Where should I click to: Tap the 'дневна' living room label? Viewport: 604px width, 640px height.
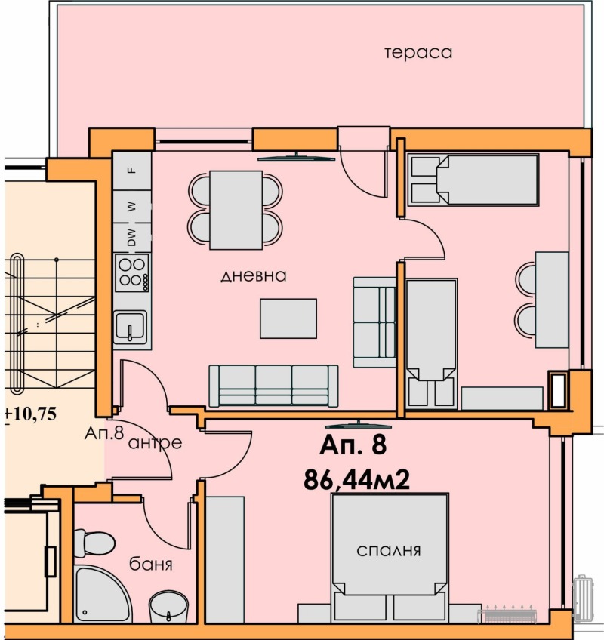pos(254,276)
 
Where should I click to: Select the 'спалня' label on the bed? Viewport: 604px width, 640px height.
pos(389,550)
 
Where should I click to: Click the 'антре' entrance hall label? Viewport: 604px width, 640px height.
pos(155,443)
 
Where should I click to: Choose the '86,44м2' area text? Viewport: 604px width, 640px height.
pos(356,478)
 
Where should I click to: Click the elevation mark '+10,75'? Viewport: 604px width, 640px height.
pos(32,414)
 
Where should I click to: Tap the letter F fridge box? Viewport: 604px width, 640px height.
pos(131,170)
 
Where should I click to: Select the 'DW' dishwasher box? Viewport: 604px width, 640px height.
pos(131,238)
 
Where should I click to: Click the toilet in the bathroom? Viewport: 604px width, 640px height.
pos(94,543)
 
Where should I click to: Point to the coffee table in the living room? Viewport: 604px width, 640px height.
pos(288,318)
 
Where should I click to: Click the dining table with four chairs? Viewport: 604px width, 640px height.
pos(235,210)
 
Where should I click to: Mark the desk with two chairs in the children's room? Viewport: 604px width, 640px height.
pos(550,299)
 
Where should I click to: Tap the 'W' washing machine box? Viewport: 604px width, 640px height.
pos(131,205)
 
